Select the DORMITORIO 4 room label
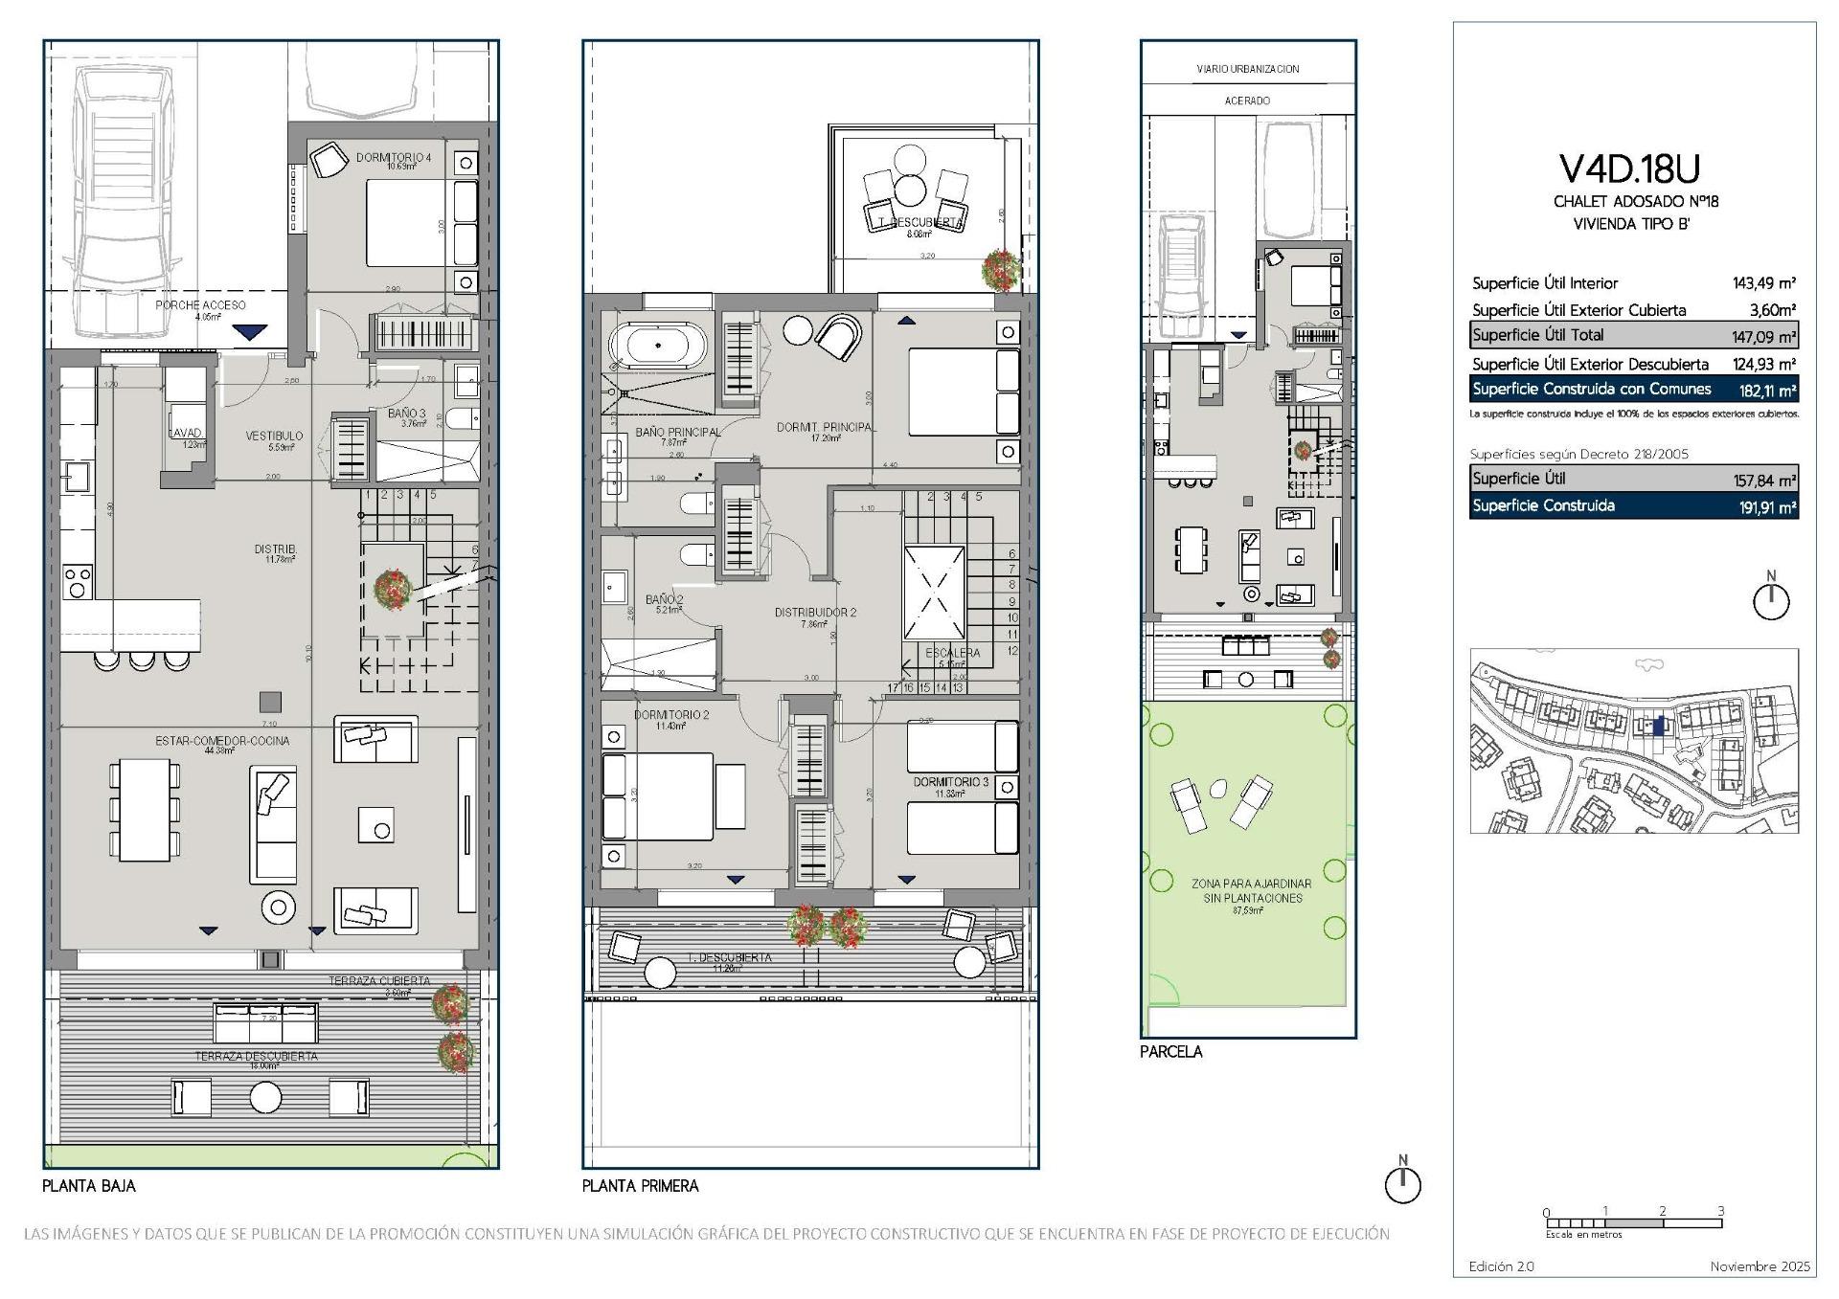click(393, 157)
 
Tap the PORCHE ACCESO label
click(200, 305)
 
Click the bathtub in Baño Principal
click(657, 346)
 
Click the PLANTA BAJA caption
click(89, 1185)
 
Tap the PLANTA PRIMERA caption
click(640, 1185)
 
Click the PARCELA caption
click(1170, 1051)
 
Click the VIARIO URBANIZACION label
click(1247, 69)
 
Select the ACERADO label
click(1247, 101)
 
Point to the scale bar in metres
click(1633, 1223)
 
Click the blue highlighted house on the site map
click(1659, 726)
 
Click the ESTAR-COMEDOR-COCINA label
click(222, 741)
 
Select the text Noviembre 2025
click(1760, 1266)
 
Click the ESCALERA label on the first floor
click(952, 653)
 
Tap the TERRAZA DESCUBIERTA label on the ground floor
click(256, 1057)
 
